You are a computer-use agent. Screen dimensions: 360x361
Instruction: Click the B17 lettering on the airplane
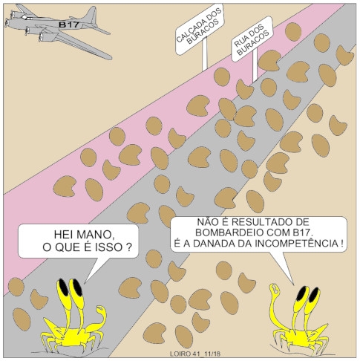69,25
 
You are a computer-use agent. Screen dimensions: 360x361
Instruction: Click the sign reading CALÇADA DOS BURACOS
200,29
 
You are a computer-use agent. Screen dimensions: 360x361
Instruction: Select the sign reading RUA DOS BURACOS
252,39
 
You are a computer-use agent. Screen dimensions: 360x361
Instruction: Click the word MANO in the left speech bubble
96,235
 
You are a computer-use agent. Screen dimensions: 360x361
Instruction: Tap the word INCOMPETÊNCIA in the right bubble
296,244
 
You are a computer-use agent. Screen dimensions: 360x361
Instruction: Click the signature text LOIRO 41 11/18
195,354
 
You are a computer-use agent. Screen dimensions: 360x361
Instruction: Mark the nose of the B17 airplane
6,23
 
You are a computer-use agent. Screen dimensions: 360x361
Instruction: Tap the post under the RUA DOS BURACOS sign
255,65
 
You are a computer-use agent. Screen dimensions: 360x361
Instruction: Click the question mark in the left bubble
128,247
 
